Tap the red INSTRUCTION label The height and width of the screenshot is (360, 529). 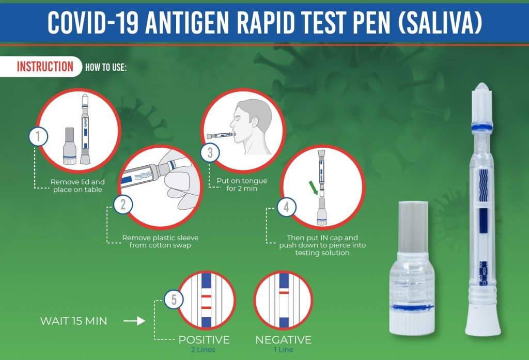(45, 67)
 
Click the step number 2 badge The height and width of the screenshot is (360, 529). (122, 204)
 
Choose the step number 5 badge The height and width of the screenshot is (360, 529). (174, 298)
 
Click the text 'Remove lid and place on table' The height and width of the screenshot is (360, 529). (77, 185)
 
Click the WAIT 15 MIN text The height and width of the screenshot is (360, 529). (74, 321)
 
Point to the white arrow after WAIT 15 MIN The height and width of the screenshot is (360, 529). (134, 321)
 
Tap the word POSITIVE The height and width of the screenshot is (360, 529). (204, 340)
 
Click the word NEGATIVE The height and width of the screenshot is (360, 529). (283, 340)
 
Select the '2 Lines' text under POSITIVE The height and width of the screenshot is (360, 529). (204, 350)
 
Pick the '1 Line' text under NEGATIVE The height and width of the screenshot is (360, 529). (283, 350)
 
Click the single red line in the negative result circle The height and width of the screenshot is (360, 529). (284, 292)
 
